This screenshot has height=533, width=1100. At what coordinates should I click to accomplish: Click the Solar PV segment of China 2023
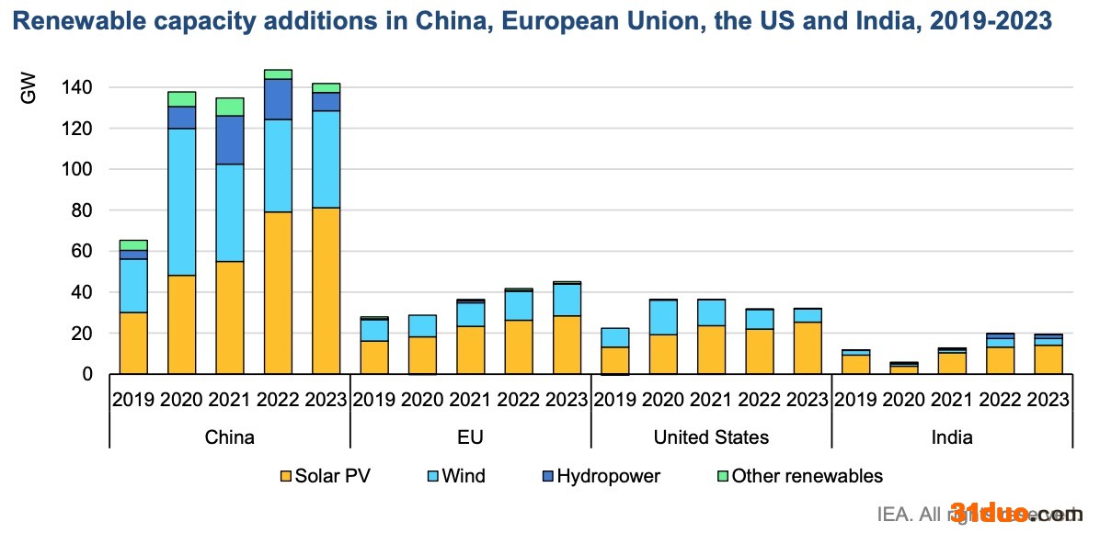(325, 290)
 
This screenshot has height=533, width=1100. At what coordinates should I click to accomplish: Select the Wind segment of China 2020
(181, 202)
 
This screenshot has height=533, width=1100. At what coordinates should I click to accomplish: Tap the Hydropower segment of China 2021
(229, 140)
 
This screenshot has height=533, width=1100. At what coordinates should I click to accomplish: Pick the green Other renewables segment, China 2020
(181, 99)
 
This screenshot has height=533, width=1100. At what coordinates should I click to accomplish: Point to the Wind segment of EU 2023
(567, 300)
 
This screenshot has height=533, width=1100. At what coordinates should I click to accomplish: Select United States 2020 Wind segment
(663, 317)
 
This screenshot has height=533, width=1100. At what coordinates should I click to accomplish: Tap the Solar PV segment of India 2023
(1048, 359)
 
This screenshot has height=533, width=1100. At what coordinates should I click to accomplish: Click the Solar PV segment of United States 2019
(615, 360)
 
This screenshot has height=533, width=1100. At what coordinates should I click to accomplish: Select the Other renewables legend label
(807, 476)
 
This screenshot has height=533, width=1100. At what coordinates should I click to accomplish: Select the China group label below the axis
(229, 437)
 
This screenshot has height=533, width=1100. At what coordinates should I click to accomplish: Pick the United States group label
(710, 437)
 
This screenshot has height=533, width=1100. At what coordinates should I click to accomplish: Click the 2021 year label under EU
(470, 400)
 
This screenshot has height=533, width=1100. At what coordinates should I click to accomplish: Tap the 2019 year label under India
(855, 400)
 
